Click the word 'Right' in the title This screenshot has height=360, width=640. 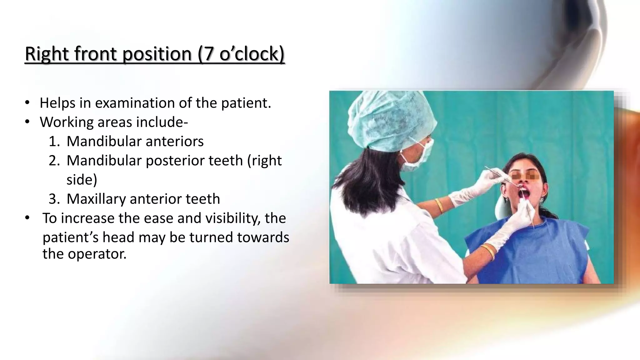(x=47, y=54)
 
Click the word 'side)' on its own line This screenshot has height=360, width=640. (x=82, y=180)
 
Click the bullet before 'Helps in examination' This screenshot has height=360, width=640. (x=27, y=103)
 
